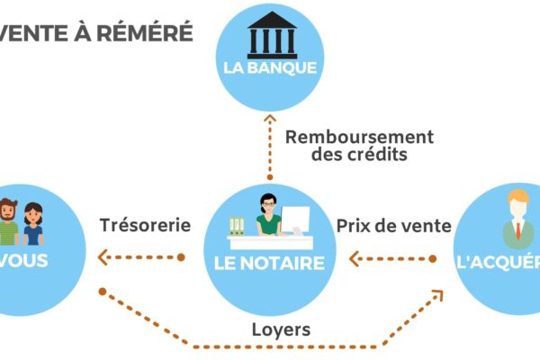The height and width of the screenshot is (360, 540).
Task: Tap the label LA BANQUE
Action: coord(270,67)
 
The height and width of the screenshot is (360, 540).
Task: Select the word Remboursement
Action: coord(359,137)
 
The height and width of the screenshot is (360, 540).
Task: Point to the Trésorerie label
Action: coord(146,225)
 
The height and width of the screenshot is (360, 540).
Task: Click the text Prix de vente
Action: coord(392,226)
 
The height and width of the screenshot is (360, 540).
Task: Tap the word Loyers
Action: coord(280,329)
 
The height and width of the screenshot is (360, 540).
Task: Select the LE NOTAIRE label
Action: coord(270,263)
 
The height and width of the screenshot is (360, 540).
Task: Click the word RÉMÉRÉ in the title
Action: coord(148,33)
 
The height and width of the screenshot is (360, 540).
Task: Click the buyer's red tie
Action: coord(518,232)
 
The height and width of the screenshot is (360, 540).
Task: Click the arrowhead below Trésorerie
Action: coord(101,258)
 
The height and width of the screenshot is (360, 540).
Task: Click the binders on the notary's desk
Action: coord(238,225)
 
